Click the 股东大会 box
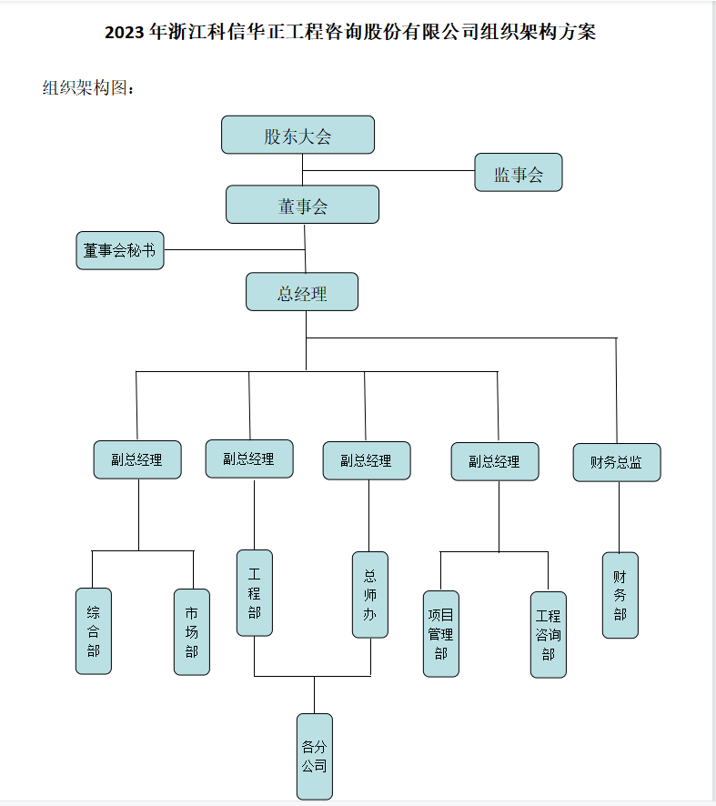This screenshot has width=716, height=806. pos(297,135)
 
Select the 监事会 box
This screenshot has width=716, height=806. pos(518,173)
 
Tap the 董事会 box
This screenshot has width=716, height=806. pos(302,205)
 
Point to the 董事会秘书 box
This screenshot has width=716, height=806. pos(120,250)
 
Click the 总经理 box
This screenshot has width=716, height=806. pos(302,292)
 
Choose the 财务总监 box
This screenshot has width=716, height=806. pos(617,462)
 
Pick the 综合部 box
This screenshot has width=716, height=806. pos(94,630)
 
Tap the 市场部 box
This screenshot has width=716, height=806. pos(192,631)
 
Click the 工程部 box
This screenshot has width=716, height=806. pos(255,592)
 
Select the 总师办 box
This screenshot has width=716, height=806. pos(369,594)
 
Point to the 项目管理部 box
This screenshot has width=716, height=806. pos(441,633)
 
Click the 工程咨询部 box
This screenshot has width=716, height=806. pos(549,634)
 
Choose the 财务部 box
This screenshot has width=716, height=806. pos(620,595)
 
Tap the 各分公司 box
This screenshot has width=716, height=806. pos(314,756)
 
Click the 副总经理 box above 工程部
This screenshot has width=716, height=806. pos(249,458)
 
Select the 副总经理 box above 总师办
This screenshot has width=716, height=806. pos(367,460)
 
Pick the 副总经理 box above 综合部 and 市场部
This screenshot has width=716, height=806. pos(137,459)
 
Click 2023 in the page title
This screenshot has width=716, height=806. pos(126,33)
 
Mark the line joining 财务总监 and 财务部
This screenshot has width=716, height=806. pos(620,517)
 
